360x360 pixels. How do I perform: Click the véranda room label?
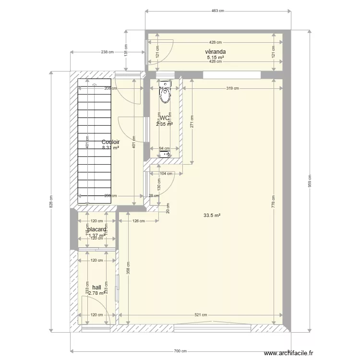coord(216,52)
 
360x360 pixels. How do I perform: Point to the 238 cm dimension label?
coord(108,52)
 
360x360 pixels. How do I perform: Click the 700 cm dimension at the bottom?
coord(180,351)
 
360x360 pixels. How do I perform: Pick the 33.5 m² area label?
coord(212,216)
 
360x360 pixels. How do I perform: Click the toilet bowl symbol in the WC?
coord(165,96)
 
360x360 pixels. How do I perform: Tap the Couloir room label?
coord(110,142)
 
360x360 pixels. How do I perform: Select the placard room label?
coord(97,230)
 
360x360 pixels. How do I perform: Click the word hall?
coord(97,287)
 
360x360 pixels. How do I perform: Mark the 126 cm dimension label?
coord(138,221)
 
